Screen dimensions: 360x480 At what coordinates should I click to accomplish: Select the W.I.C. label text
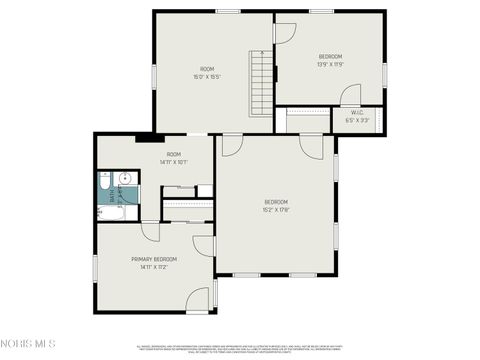click(x=356, y=111)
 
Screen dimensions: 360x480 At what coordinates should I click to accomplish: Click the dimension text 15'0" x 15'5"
click(x=207, y=77)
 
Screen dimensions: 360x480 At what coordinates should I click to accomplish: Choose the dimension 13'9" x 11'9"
click(x=330, y=64)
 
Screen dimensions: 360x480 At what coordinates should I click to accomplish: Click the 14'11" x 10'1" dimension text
click(x=173, y=162)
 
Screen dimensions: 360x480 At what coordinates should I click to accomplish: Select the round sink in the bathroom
click(x=122, y=180)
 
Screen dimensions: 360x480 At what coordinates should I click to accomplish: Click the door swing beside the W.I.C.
click(x=350, y=96)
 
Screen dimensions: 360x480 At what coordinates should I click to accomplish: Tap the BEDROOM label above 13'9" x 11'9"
click(x=330, y=56)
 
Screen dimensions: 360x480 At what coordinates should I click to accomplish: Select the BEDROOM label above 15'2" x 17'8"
click(x=276, y=202)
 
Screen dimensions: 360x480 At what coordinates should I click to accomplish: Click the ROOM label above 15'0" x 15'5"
click(x=207, y=69)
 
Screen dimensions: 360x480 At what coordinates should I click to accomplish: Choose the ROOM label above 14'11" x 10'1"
click(x=173, y=154)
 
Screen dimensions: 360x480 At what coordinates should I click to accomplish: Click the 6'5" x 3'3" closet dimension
click(x=357, y=119)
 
